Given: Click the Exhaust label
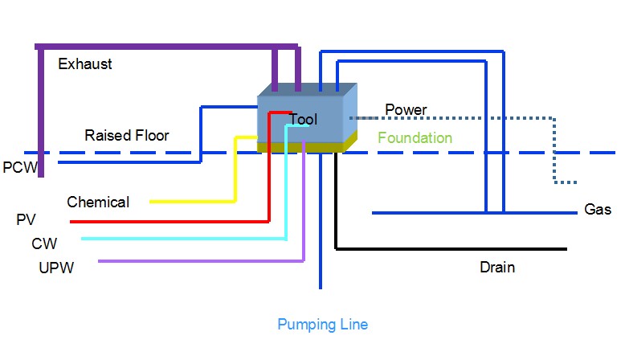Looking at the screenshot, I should pyautogui.click(x=85, y=64).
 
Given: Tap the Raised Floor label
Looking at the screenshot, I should pyautogui.click(x=127, y=136).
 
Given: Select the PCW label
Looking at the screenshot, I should pyautogui.click(x=18, y=168).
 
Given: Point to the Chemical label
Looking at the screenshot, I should pyautogui.click(x=98, y=202).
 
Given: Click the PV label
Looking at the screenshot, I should pyautogui.click(x=26, y=219).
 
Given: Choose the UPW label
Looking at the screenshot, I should pyautogui.click(x=56, y=268).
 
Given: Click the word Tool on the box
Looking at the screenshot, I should pyautogui.click(x=304, y=120).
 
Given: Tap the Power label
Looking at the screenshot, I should pyautogui.click(x=406, y=110).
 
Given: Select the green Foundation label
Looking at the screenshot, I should pyautogui.click(x=415, y=138).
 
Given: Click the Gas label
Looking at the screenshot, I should pyautogui.click(x=598, y=210).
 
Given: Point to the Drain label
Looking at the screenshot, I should pyautogui.click(x=496, y=268).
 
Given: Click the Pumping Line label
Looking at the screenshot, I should pyautogui.click(x=323, y=325).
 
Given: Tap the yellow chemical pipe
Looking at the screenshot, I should pyautogui.click(x=193, y=201).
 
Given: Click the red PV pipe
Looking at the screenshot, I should pyautogui.click(x=169, y=221).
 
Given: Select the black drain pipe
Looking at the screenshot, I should pyautogui.click(x=450, y=249).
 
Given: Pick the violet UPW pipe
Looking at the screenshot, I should pyautogui.click(x=201, y=261).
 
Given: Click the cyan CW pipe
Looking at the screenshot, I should pyautogui.click(x=185, y=239).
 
